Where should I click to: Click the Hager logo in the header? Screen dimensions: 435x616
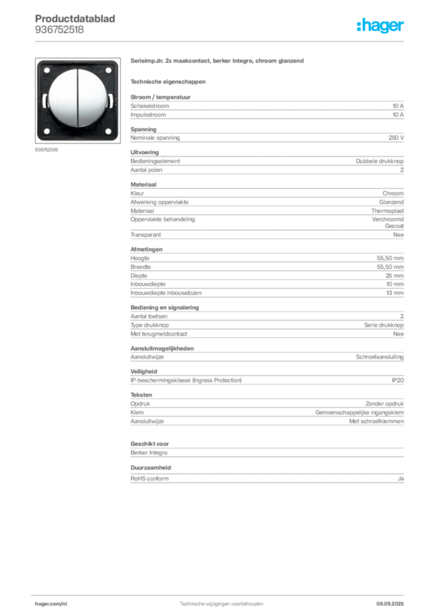coord(380,26)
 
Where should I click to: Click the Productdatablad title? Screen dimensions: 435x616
coord(75,19)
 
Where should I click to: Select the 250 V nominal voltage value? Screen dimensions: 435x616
coord(396,138)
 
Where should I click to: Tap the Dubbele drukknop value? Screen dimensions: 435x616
coord(379,161)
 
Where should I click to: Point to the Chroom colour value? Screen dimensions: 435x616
coord(393,193)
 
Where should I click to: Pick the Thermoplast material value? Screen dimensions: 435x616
coord(388,211)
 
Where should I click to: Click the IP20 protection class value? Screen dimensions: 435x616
coord(397,380)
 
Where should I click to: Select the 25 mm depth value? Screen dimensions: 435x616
coord(394,276)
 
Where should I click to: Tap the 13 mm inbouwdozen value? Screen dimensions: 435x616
coord(395,293)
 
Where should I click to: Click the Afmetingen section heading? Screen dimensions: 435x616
coord(147,250)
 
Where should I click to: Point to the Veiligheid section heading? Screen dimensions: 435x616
coord(144,372)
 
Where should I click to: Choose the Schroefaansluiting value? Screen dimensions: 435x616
coord(380,357)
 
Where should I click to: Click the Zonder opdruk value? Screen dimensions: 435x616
coord(385,404)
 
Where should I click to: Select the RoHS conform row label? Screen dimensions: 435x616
coord(150,478)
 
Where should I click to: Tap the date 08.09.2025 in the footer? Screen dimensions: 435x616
coord(390,604)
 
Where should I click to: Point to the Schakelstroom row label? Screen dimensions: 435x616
coord(150,106)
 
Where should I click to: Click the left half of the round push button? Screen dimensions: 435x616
coord(62,97)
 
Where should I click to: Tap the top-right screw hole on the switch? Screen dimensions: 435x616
coord(109,71)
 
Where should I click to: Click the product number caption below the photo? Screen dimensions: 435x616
coord(46,150)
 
